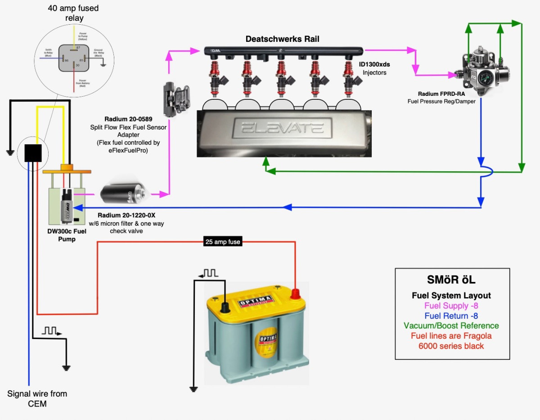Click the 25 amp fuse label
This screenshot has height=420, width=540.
pos(223,242)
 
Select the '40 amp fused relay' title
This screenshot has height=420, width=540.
pos(73,13)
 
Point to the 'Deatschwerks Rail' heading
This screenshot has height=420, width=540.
pos(282,39)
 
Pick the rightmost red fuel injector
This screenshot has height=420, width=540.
pos(350,74)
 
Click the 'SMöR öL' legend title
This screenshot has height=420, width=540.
pos(451,280)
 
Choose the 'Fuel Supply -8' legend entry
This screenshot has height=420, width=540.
pos(451,306)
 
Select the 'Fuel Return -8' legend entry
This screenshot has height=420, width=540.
pos(451,316)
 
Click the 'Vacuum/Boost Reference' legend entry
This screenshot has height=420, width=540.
pos(451,326)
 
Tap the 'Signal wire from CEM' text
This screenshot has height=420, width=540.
pos(37,398)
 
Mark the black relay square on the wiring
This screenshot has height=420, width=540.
pos(32,152)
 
